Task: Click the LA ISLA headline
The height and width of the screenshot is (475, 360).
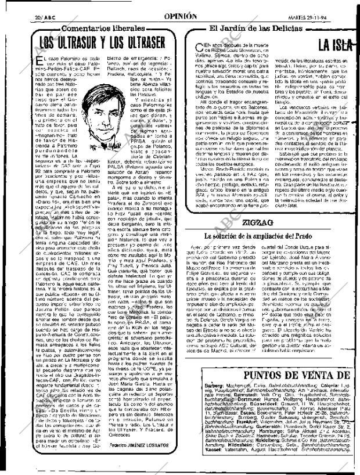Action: click(336, 46)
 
